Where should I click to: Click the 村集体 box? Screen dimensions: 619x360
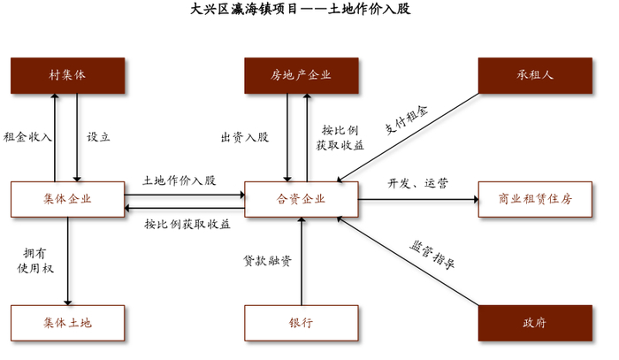68,76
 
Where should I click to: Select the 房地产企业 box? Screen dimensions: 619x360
302,76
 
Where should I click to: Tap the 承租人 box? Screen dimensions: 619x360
535,76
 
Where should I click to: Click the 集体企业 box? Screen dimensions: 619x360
68,199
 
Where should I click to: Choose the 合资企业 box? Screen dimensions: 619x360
302,199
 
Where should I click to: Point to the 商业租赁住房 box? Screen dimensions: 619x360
535,199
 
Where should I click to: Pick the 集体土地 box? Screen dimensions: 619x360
68,323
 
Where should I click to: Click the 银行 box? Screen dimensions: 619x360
302,323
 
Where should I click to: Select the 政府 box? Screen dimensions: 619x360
535,323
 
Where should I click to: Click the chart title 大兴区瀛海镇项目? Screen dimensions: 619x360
243,9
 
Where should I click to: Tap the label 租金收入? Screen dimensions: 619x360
27,137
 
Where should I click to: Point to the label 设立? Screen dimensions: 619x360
98,137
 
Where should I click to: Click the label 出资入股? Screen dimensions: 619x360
245,137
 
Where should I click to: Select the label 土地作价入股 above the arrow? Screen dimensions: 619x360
180,180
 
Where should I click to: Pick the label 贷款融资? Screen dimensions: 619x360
268,261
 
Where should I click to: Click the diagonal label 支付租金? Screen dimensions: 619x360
407,120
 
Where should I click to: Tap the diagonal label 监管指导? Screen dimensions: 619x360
432,255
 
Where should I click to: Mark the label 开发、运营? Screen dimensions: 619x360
418,183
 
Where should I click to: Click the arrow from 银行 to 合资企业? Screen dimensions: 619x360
302,261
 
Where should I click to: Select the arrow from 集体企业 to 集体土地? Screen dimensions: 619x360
68,261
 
